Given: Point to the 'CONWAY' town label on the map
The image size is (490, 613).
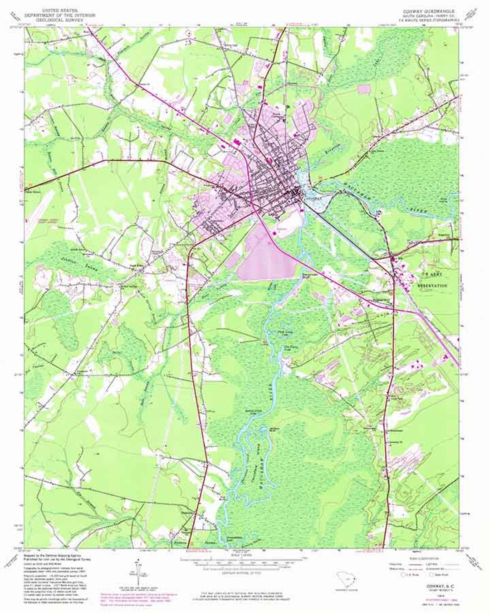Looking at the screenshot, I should tap(313, 199).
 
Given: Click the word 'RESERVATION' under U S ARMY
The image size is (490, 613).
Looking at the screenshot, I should tap(432, 286).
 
